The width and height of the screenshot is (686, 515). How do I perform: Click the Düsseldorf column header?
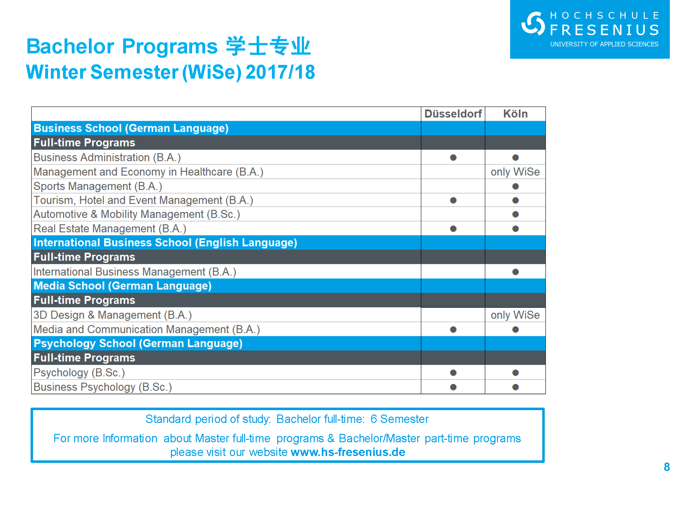453,114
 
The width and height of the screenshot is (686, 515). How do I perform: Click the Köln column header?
515,114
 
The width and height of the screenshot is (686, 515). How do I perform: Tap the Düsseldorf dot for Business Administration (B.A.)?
453,158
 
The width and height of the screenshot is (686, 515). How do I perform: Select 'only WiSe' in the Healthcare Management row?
515,172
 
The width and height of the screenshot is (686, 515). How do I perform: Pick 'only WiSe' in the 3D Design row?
515,315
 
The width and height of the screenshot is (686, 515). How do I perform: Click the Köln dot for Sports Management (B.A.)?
515,186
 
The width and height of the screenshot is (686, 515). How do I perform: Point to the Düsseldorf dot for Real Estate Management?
453,229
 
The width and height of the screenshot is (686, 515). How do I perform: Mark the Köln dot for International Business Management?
515,272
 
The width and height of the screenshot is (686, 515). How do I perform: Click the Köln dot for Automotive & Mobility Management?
515,214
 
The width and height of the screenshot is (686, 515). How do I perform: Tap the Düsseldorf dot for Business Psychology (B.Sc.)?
453,387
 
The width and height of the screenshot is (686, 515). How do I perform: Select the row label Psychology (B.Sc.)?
79,373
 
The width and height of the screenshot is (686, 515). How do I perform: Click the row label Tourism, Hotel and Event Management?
143,200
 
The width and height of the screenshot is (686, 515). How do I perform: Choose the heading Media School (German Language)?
123,286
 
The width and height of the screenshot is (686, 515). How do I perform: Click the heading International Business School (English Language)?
165,243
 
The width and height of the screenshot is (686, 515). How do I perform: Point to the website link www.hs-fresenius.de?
348,452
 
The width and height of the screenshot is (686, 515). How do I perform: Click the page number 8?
667,467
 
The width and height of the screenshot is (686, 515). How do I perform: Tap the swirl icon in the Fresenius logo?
533,23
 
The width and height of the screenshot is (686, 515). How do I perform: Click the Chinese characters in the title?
268,46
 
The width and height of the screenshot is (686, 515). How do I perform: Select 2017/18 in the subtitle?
280,72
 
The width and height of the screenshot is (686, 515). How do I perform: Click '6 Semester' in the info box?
399,419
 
